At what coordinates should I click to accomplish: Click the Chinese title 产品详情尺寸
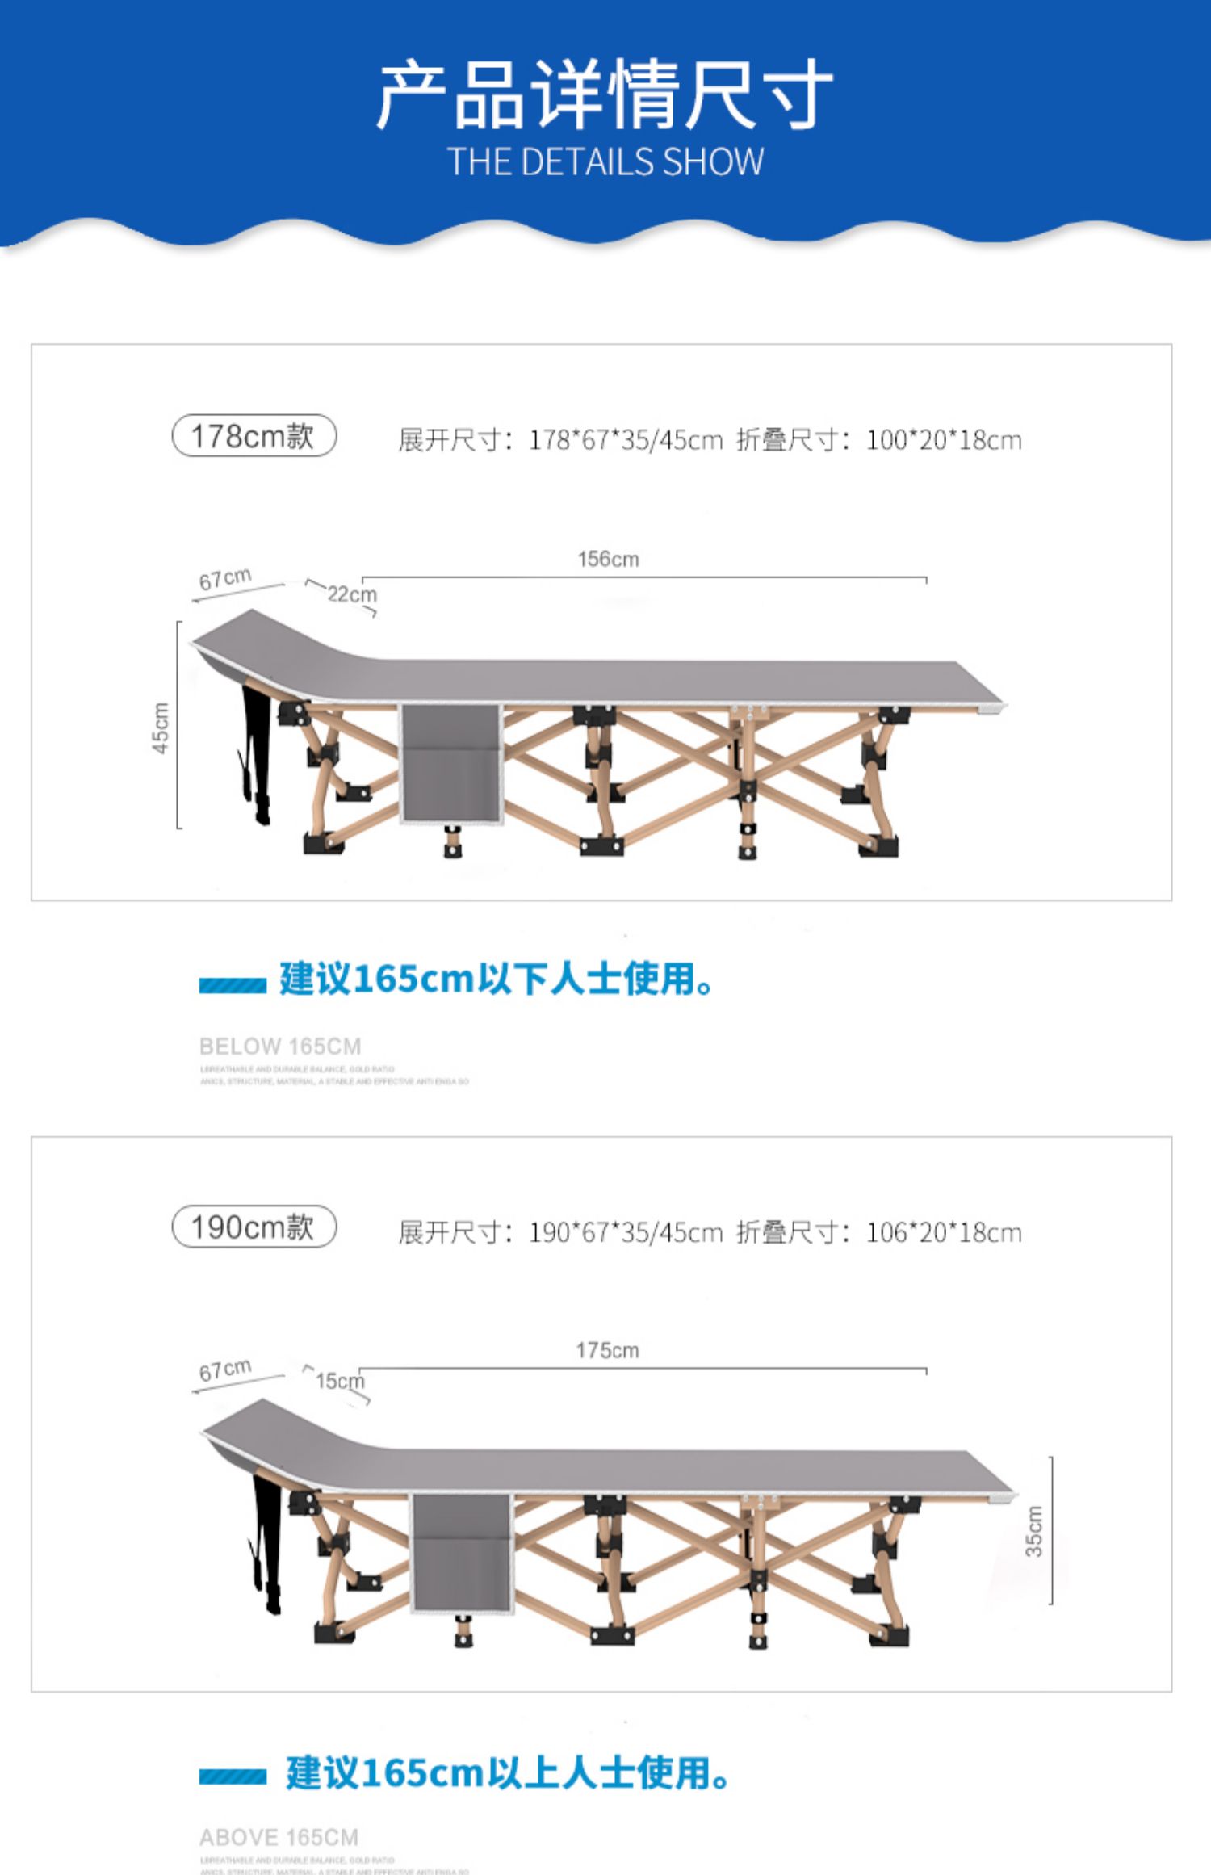tap(605, 94)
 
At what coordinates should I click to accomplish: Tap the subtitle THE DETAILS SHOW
tap(605, 161)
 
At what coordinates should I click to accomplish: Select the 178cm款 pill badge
tap(254, 436)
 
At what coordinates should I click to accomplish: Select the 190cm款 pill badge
tap(254, 1227)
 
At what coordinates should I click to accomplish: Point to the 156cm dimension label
tap(608, 559)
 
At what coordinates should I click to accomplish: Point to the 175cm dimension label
tap(607, 1350)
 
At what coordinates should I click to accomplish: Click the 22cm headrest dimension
tap(351, 594)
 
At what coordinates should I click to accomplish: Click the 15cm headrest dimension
tap(339, 1381)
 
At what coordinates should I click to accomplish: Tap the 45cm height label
tap(161, 728)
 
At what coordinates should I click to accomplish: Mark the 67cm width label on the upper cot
tap(225, 579)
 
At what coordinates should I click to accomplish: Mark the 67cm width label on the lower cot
tap(225, 1370)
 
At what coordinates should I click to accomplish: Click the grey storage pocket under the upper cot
tap(450, 764)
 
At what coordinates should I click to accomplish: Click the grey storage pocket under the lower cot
tap(462, 1554)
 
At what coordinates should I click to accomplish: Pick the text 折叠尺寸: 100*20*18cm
tap(878, 441)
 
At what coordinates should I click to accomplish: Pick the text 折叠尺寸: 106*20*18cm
tap(878, 1233)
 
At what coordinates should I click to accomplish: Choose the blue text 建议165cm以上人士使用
tap(507, 1774)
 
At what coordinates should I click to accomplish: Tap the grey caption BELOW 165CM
tap(280, 1047)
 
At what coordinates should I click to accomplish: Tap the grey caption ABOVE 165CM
tap(279, 1838)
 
